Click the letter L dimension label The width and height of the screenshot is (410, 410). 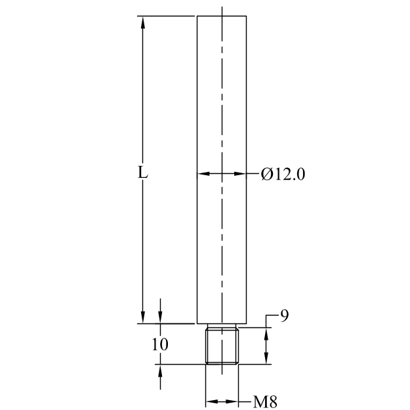pos(142,173)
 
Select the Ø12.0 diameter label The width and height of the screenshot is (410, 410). pos(283,174)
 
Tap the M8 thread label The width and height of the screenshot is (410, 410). pos(265,401)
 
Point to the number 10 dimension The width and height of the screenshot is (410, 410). pos(160,344)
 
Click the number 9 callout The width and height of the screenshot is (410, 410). pos(284,316)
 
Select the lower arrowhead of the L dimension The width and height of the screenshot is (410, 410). pos(142,318)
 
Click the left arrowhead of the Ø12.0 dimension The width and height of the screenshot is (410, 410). pos(203,173)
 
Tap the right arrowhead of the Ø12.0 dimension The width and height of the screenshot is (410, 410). pos(240,173)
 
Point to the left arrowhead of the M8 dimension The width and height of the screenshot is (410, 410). pos(212,401)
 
